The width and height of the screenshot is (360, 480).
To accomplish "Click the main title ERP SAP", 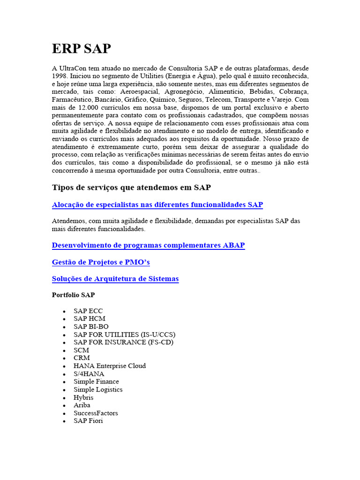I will pos(81,49).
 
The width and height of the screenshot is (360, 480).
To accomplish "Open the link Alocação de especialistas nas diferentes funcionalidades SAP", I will pos(157,205).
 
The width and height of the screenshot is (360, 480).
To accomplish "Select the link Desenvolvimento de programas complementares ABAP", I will pos(148,245).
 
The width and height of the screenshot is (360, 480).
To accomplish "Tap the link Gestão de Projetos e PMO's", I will pos(101,262).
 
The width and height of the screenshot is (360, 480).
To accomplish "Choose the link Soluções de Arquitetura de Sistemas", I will pos(115,279).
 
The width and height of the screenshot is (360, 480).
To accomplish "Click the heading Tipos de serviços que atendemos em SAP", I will pos(131,187).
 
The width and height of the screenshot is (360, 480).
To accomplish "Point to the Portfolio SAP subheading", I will pos(73,295).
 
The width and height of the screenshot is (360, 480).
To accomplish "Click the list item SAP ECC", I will pos(88,311).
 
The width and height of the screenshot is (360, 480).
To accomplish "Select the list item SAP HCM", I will pos(89,319).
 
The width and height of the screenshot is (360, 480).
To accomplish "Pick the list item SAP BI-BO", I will pos(91,327).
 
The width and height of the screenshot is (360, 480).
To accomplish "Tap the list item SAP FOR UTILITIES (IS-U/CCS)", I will pos(124,335).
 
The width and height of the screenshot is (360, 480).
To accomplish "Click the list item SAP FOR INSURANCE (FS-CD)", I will pos(123,342).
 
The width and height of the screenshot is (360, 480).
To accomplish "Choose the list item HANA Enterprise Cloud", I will pos(110,366).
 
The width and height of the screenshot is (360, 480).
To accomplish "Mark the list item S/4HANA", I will pos(89,374).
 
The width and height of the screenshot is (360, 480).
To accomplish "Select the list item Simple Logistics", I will pos(98,390).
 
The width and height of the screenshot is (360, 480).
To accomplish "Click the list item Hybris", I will pos(83,397).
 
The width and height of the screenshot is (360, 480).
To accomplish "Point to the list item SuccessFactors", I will pos(96,413).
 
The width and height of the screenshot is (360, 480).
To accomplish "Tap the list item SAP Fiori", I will pos(88,421).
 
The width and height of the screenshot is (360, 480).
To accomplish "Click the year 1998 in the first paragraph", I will pos(60,75).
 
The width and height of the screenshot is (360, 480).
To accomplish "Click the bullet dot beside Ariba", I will pos(64,405).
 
